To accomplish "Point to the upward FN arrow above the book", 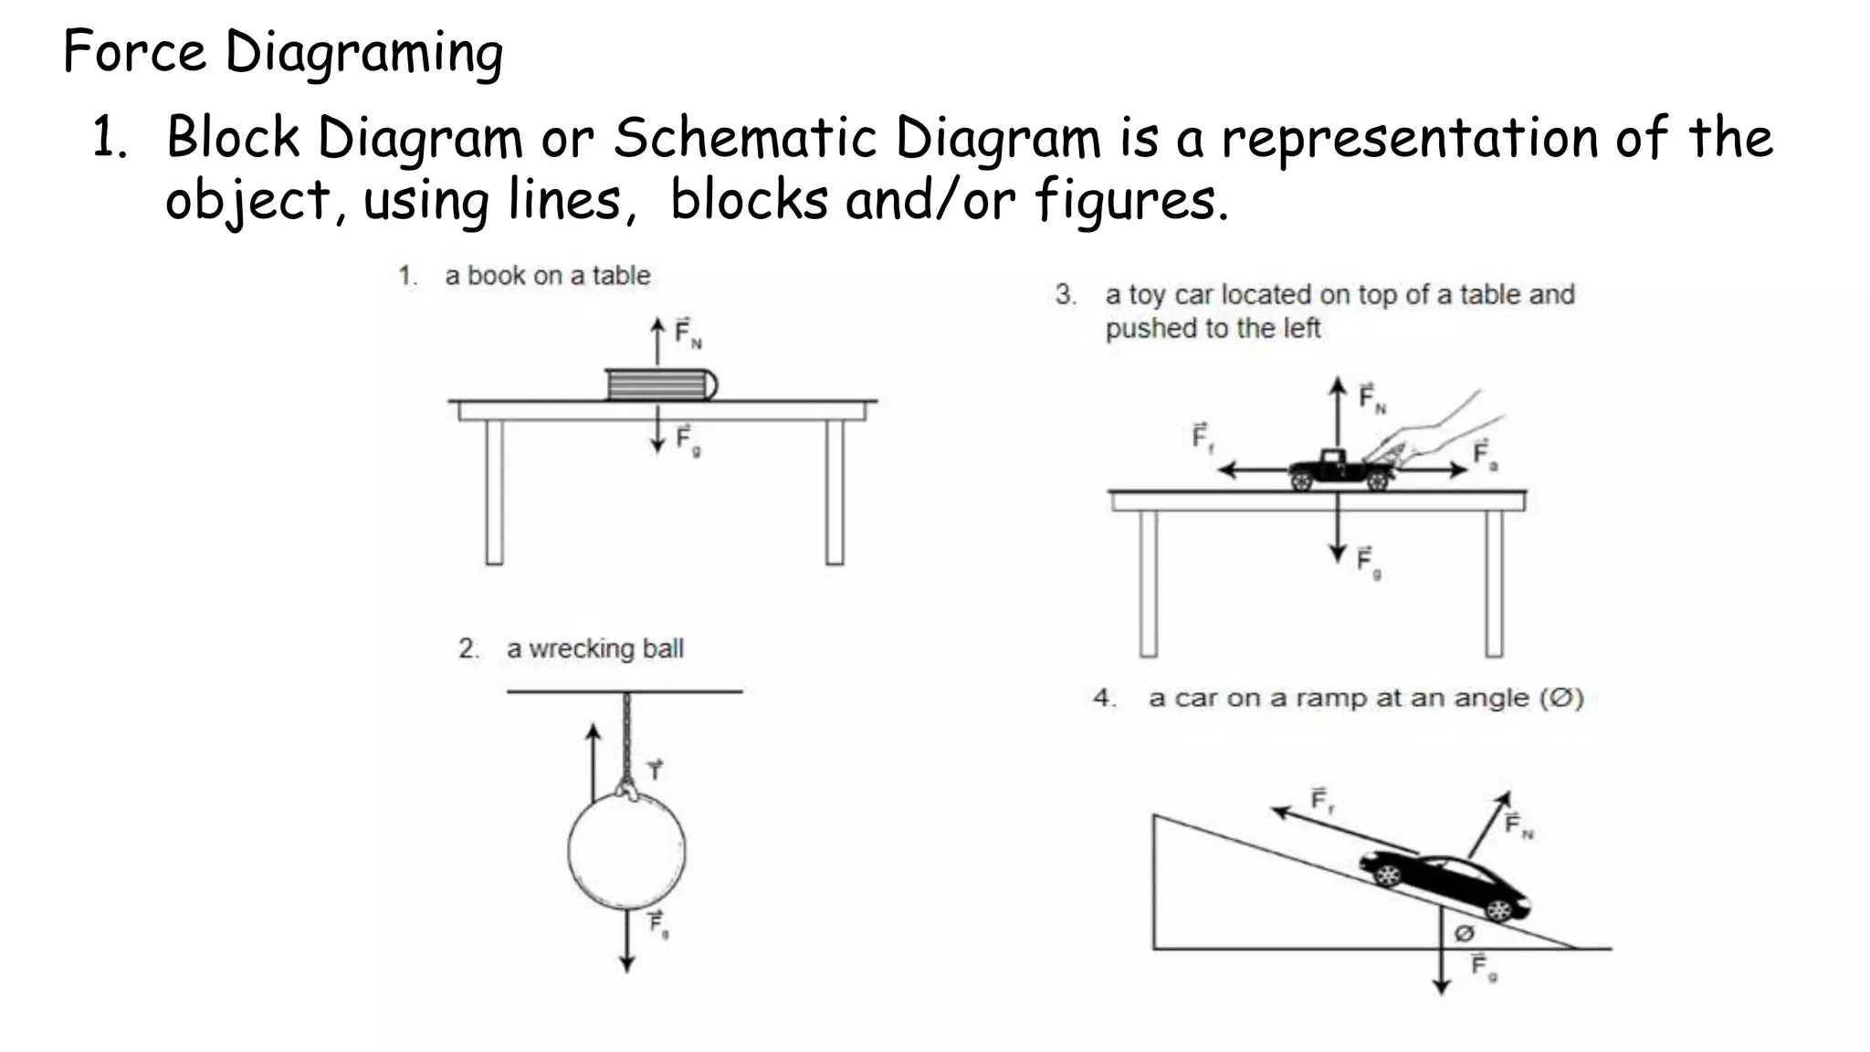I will tap(657, 342).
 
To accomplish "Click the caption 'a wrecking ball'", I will tap(594, 648).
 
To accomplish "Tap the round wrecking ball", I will tap(626, 849).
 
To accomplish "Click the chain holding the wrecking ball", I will tap(626, 740).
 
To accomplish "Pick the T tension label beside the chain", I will tap(655, 770).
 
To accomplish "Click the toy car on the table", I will tap(1339, 470).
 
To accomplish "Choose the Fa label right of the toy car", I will tap(1484, 454).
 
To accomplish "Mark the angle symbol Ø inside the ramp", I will tap(1464, 933).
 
